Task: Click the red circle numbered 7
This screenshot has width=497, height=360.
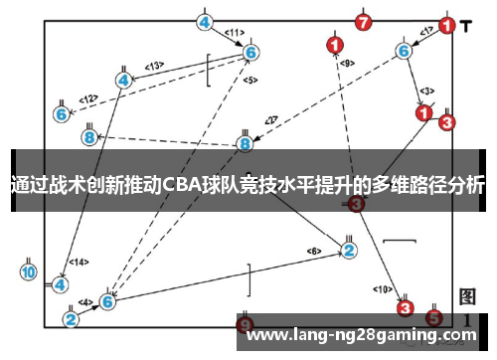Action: (363, 21)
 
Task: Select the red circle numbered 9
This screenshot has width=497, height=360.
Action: (247, 324)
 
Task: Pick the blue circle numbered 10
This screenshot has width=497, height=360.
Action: (28, 271)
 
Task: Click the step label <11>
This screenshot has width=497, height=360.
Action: (235, 33)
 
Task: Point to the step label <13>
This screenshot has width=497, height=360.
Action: (154, 66)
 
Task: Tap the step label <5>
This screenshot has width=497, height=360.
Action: (249, 80)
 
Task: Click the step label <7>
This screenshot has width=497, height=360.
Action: (269, 121)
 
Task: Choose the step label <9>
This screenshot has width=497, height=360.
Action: (347, 64)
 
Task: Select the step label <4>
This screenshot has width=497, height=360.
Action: (85, 302)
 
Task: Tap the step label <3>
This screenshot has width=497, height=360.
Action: (426, 90)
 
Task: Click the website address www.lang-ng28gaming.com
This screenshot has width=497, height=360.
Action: (361, 335)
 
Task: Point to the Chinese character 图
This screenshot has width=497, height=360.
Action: (467, 296)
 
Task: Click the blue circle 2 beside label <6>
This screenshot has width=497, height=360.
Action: (349, 250)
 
